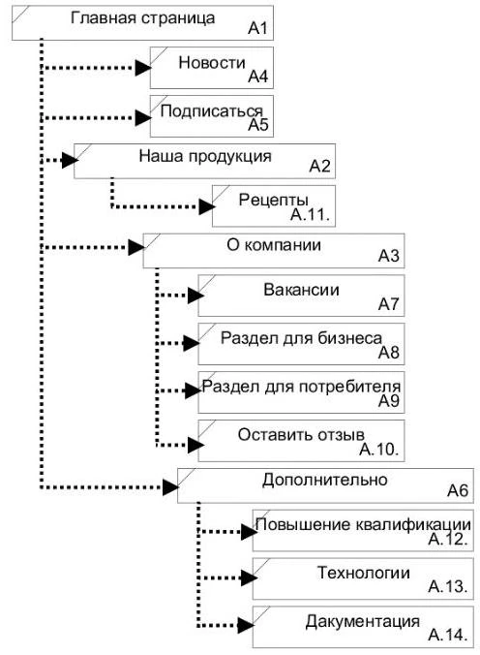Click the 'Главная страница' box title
click(x=143, y=18)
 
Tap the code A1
click(x=257, y=28)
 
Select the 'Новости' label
click(x=212, y=63)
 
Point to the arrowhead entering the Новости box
click(x=143, y=68)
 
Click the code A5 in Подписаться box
click(x=258, y=124)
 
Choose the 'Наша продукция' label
click(x=205, y=157)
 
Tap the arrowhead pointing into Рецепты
click(x=206, y=206)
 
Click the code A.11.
click(x=310, y=215)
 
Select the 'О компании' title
click(x=274, y=245)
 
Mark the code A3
click(x=389, y=256)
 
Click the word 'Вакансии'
click(x=301, y=290)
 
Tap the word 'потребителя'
click(x=349, y=387)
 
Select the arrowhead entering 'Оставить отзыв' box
click(x=195, y=446)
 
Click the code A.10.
click(x=379, y=450)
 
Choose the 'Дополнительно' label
click(x=325, y=480)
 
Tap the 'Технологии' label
click(x=364, y=573)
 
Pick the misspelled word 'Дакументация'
click(x=362, y=622)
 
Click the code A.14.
click(x=447, y=635)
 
